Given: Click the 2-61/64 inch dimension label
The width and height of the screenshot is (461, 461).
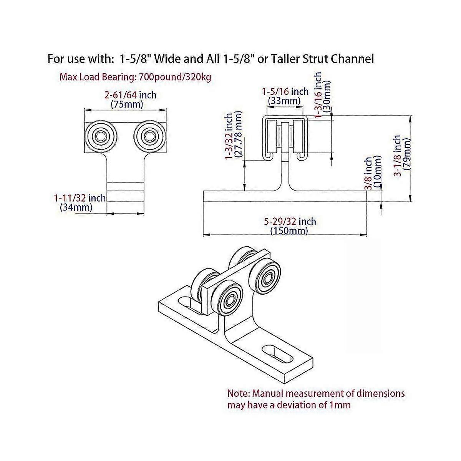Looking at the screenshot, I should tap(131, 95).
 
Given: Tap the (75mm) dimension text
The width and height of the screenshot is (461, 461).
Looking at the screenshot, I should tap(127, 104).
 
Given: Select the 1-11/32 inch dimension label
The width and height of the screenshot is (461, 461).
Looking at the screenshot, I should tap(80, 198).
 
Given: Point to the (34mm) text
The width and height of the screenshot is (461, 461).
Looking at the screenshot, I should tap(76, 207).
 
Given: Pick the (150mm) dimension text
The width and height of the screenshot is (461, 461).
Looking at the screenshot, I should tap(289, 231).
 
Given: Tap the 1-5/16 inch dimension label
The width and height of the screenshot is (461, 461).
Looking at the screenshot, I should tap(285, 92).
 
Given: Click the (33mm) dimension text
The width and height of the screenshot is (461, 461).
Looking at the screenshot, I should tap(284, 101).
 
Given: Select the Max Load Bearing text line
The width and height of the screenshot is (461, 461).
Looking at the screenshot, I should tap(135, 77).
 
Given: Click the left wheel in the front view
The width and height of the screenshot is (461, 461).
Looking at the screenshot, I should tap(101, 136).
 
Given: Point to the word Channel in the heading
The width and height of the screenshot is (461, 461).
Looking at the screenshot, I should tap(352, 59).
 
